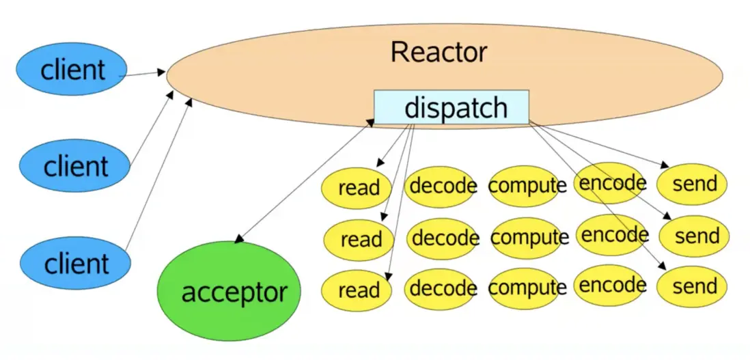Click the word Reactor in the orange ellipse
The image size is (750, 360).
tap(439, 53)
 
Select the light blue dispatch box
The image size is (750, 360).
tap(452, 108)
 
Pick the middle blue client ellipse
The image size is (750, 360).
tap(74, 166)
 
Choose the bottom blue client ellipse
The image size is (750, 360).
tap(74, 263)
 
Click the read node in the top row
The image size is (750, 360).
tap(357, 186)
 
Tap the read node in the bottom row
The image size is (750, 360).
tap(357, 290)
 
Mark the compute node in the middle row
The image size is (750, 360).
tap(529, 238)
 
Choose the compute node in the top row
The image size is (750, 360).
tap(527, 185)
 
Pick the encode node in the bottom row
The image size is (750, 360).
tap(611, 285)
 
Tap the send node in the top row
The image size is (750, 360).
tap(692, 184)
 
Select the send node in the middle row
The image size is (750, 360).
tap(695, 236)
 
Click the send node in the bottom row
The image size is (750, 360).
tap(693, 286)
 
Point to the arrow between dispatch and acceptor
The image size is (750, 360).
tap(304, 181)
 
